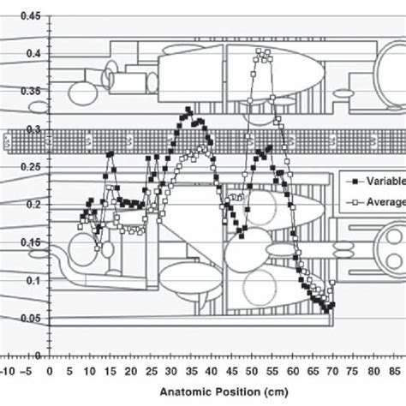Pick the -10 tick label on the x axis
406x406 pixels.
click(7, 372)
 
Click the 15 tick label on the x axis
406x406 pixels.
click(110, 372)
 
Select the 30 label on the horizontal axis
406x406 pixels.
click(171, 372)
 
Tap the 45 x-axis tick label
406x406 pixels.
click(232, 372)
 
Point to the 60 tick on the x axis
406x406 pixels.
click(293, 372)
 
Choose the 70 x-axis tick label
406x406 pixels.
click(334, 372)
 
